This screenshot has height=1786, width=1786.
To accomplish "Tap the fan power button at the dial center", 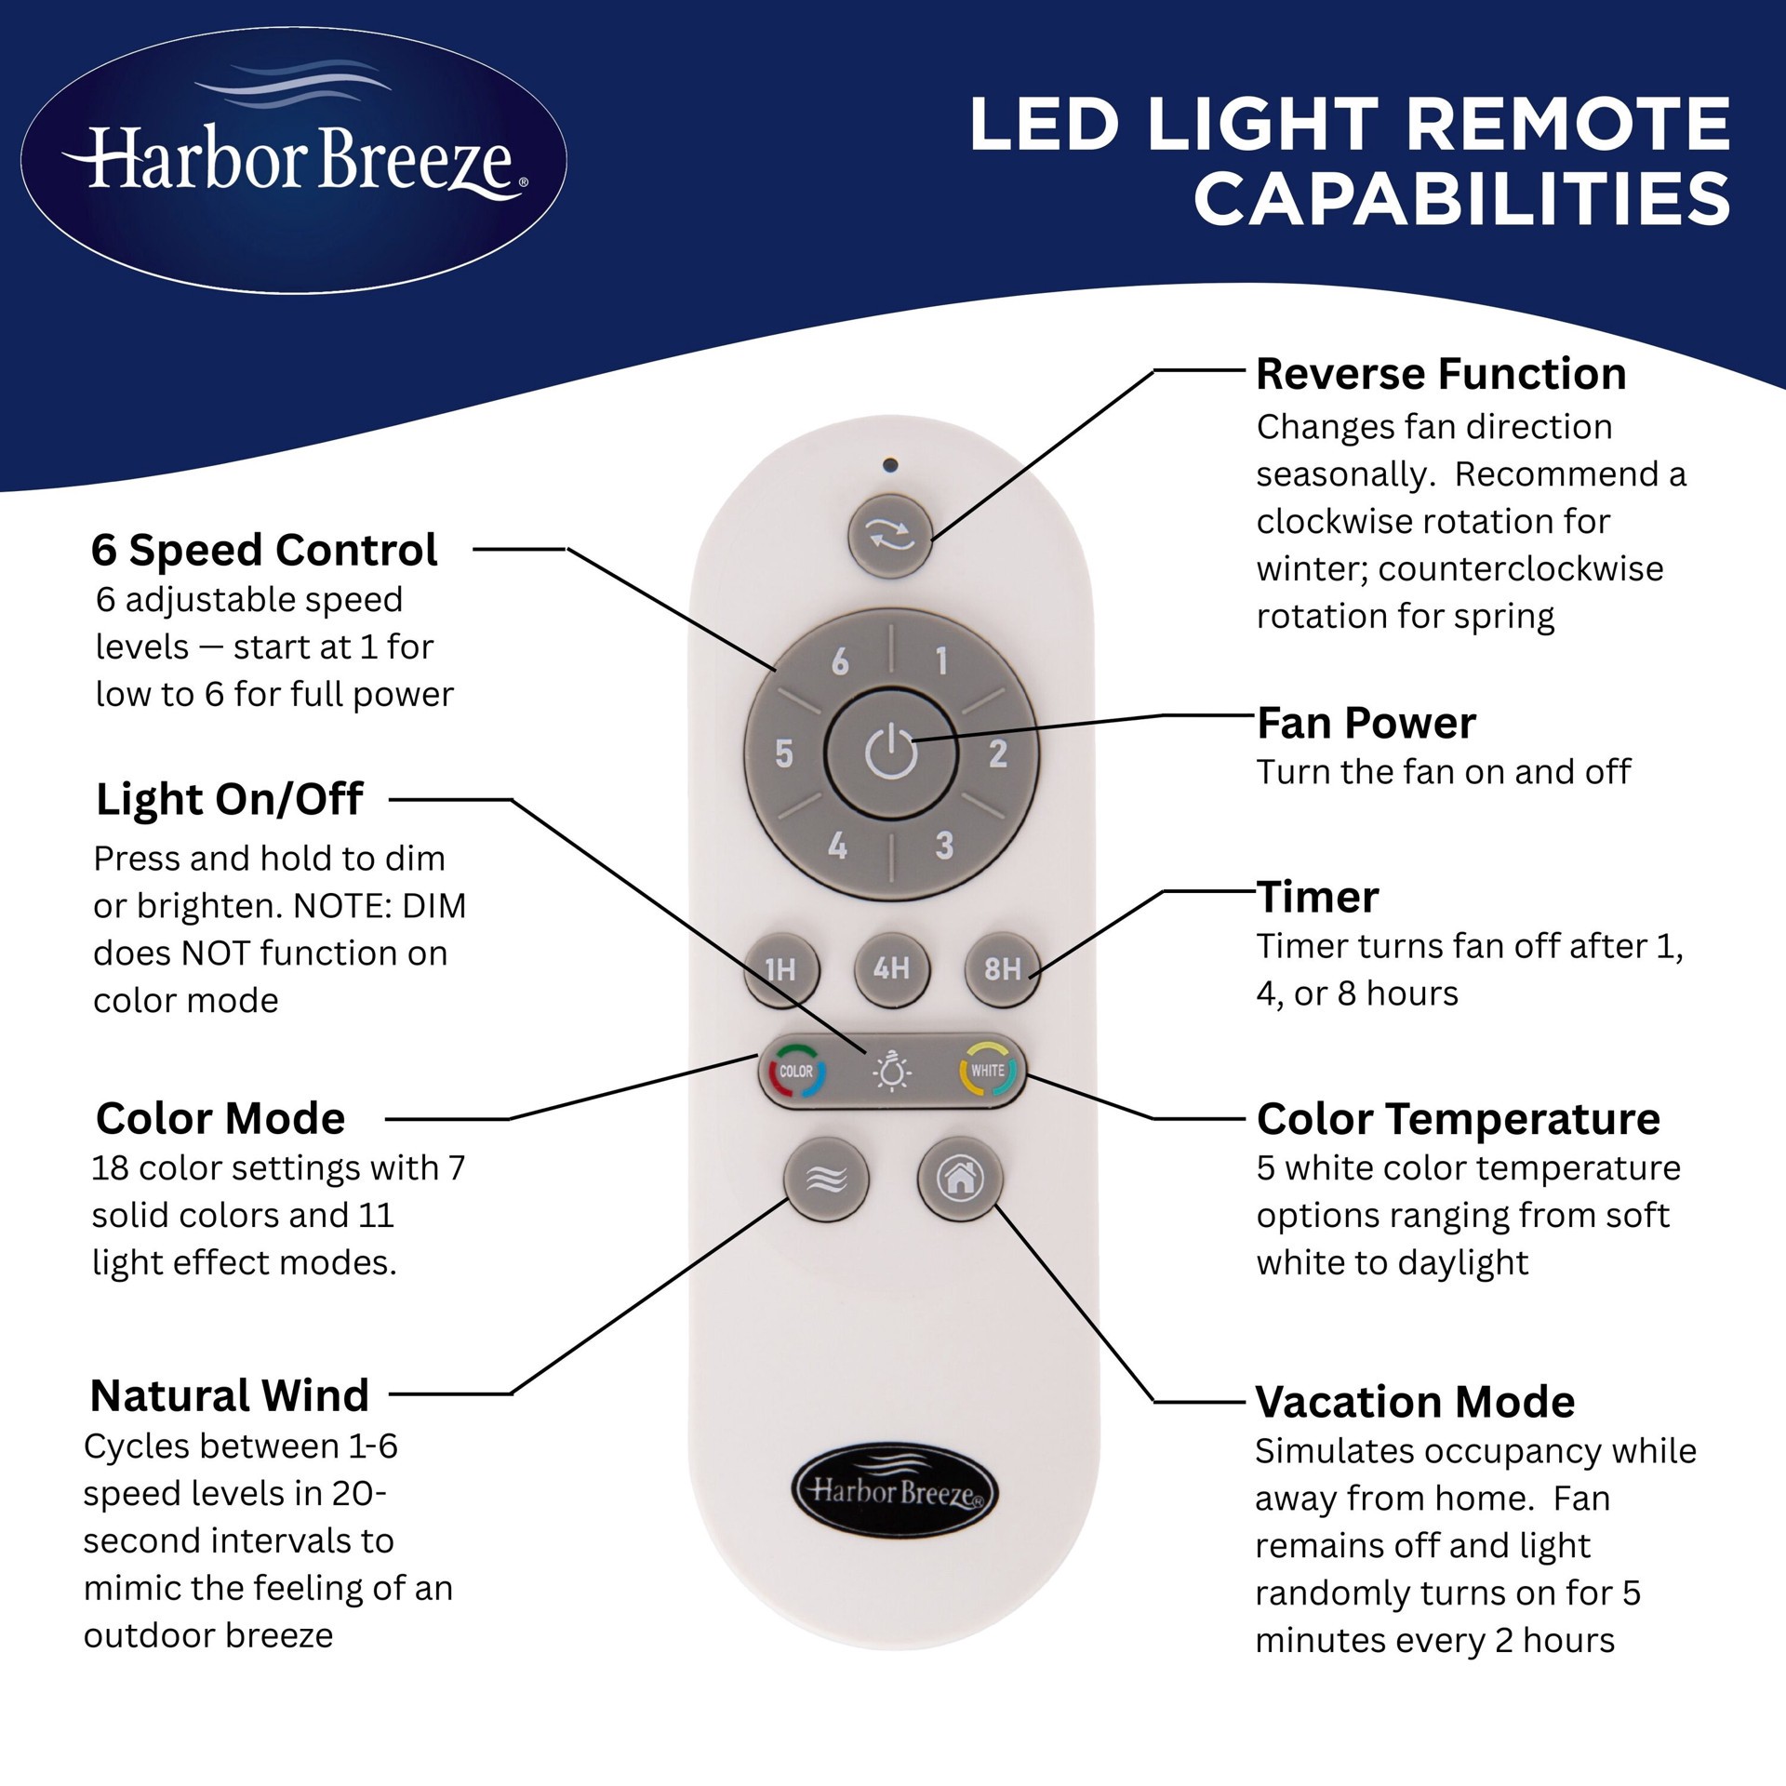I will [891, 753].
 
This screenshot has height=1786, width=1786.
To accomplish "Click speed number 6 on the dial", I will [840, 662].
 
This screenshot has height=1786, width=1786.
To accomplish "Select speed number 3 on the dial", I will [944, 846].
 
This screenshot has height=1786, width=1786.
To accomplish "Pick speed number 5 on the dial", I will [784, 753].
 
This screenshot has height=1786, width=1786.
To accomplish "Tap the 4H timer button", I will [891, 969].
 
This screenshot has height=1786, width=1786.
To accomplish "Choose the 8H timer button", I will [1002, 969].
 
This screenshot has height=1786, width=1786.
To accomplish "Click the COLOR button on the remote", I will [796, 1072].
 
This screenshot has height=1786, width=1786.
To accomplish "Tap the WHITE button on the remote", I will [988, 1071].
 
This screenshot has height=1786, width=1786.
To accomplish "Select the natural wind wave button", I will [826, 1180].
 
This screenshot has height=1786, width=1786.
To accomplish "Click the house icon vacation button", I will [960, 1179].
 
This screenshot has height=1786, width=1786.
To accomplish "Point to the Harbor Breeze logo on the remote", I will [893, 1492].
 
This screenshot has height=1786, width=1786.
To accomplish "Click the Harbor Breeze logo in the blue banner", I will [294, 160].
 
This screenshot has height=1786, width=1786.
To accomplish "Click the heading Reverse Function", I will [1441, 374].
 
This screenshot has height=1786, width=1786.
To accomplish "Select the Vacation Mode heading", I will [1415, 1402].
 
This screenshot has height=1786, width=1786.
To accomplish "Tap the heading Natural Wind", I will [230, 1395].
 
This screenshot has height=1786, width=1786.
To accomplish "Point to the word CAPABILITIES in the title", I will [1461, 198].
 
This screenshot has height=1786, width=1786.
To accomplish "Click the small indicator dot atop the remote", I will [890, 464].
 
